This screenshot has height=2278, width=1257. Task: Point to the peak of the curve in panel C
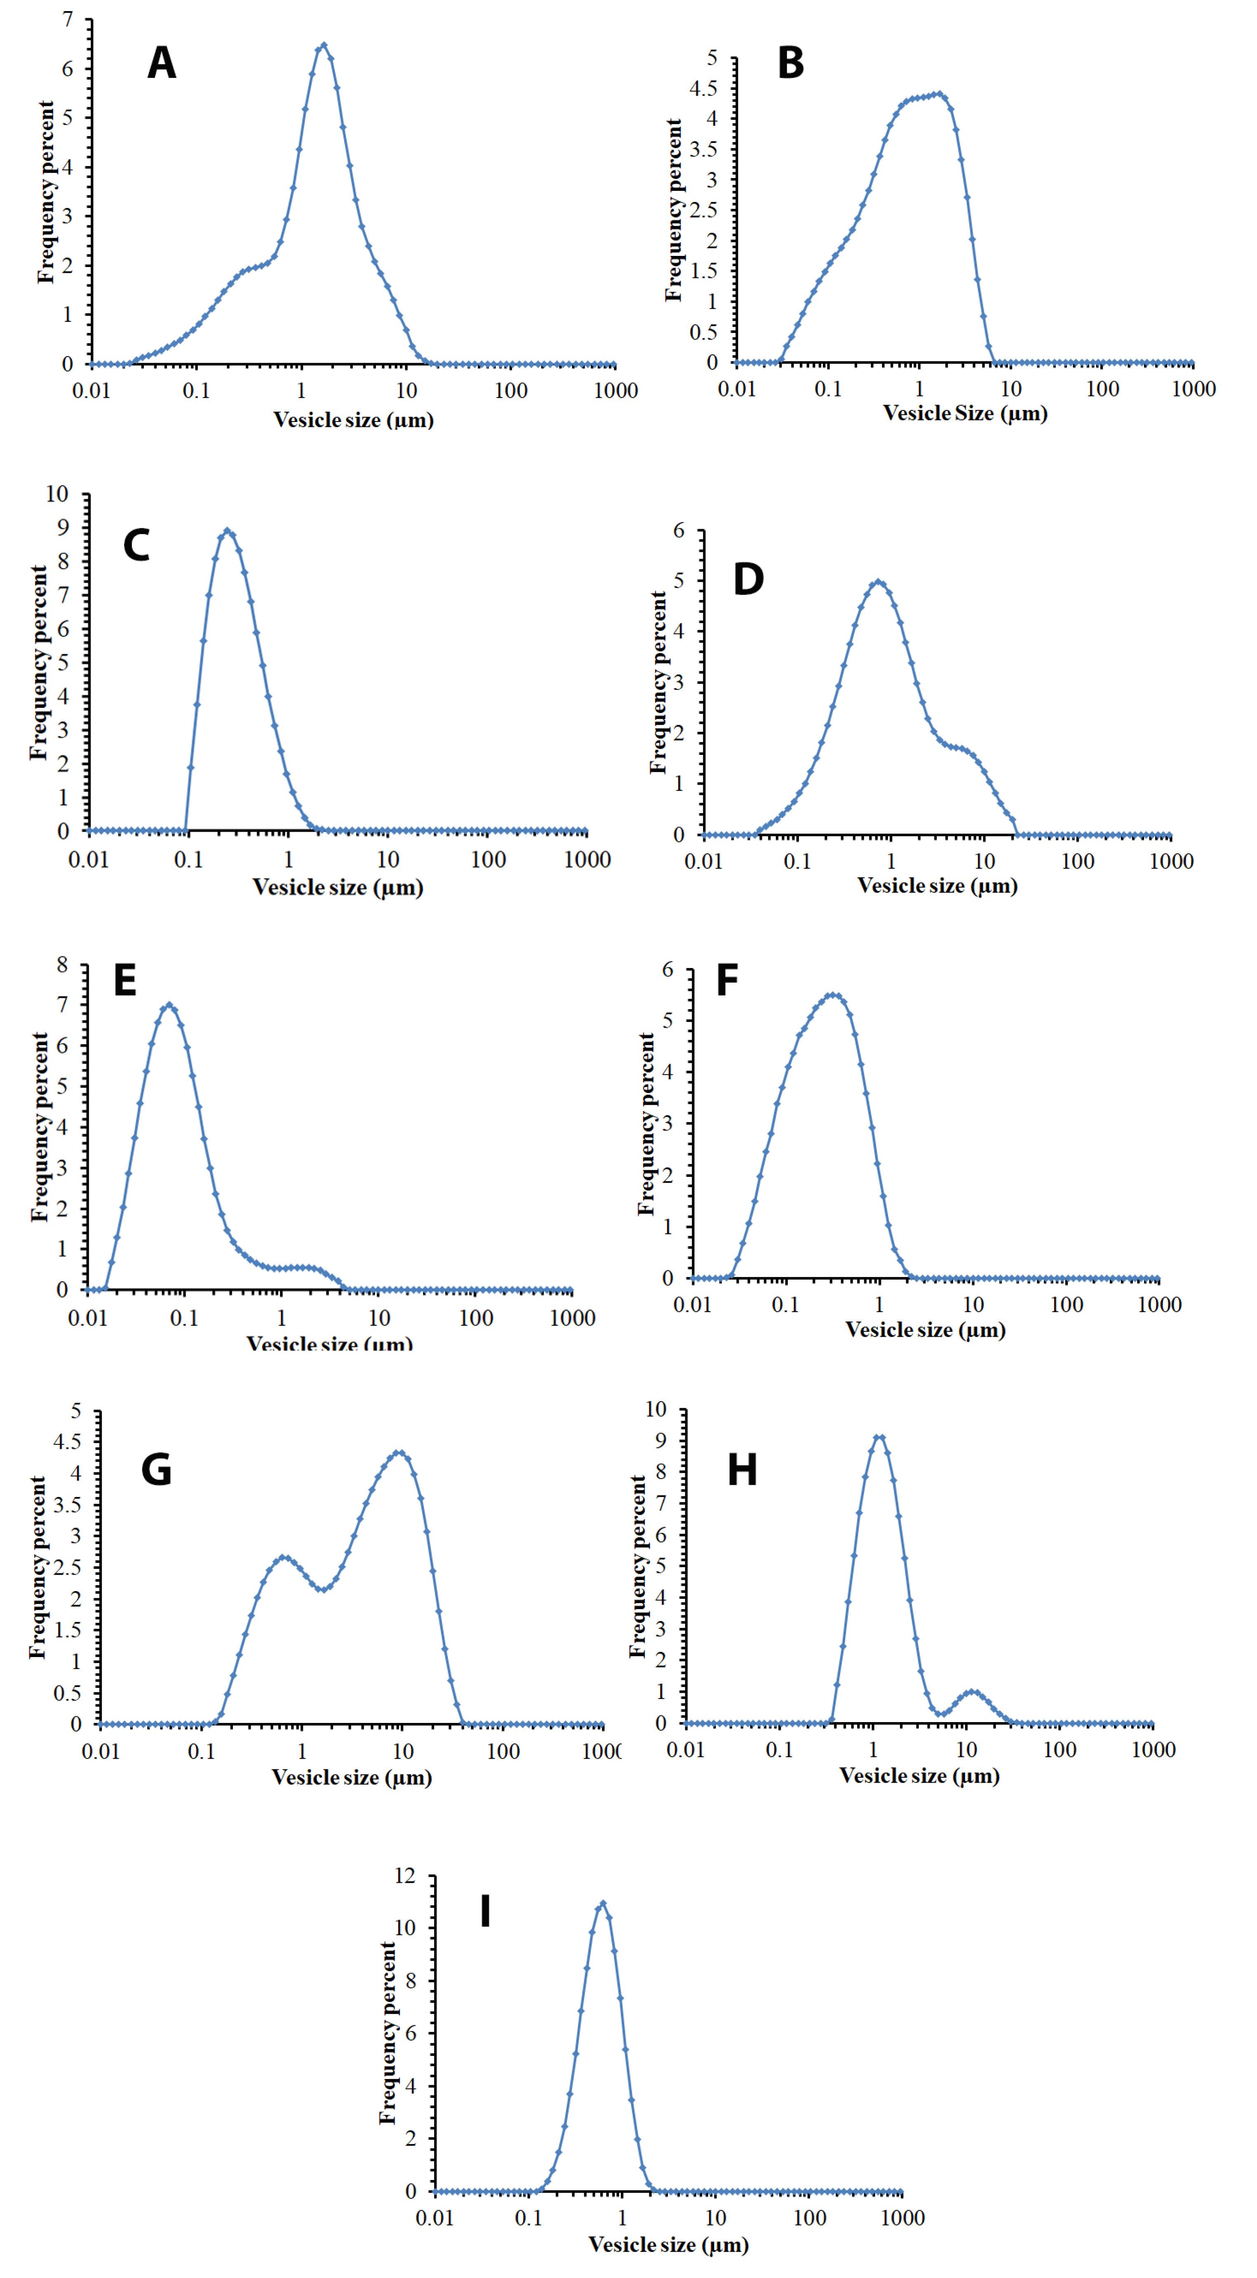pos(227,531)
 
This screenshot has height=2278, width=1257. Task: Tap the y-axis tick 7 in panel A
pos(67,19)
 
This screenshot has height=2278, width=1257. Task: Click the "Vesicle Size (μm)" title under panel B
pos(965,413)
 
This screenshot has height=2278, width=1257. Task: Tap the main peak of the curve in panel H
pos(879,1437)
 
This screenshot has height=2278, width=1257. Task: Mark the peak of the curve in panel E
pos(169,1005)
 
